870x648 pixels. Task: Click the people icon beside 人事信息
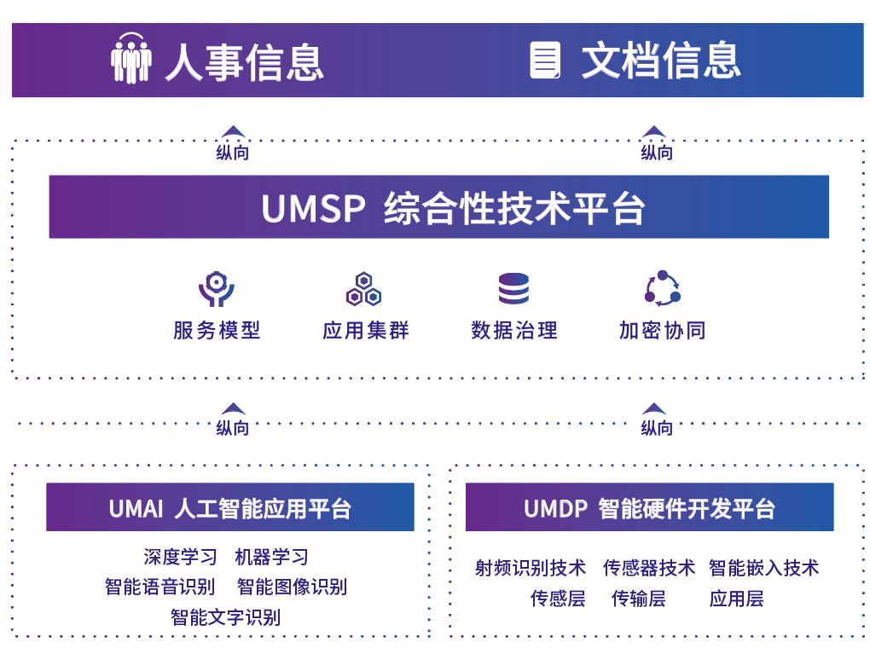point(130,59)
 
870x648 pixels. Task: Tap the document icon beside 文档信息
point(546,60)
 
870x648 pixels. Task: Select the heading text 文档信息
point(661,60)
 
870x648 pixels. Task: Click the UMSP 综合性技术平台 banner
point(438,207)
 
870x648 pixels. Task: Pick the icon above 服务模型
point(216,290)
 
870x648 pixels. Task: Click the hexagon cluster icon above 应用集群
point(364,290)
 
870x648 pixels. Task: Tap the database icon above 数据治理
point(513,289)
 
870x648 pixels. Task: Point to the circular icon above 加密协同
point(662,289)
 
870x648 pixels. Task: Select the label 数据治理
point(513,331)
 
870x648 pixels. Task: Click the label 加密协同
point(662,331)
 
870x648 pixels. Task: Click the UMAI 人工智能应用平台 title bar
point(230,508)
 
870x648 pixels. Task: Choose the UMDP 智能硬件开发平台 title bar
point(649,508)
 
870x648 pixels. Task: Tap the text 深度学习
point(180,558)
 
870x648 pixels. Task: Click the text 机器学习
point(271,558)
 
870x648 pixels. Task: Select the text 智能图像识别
point(292,587)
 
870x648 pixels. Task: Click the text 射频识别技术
point(531,568)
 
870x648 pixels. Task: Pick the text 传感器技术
point(648,568)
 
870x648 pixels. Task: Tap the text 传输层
point(638,599)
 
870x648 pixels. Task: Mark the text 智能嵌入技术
point(763,568)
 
